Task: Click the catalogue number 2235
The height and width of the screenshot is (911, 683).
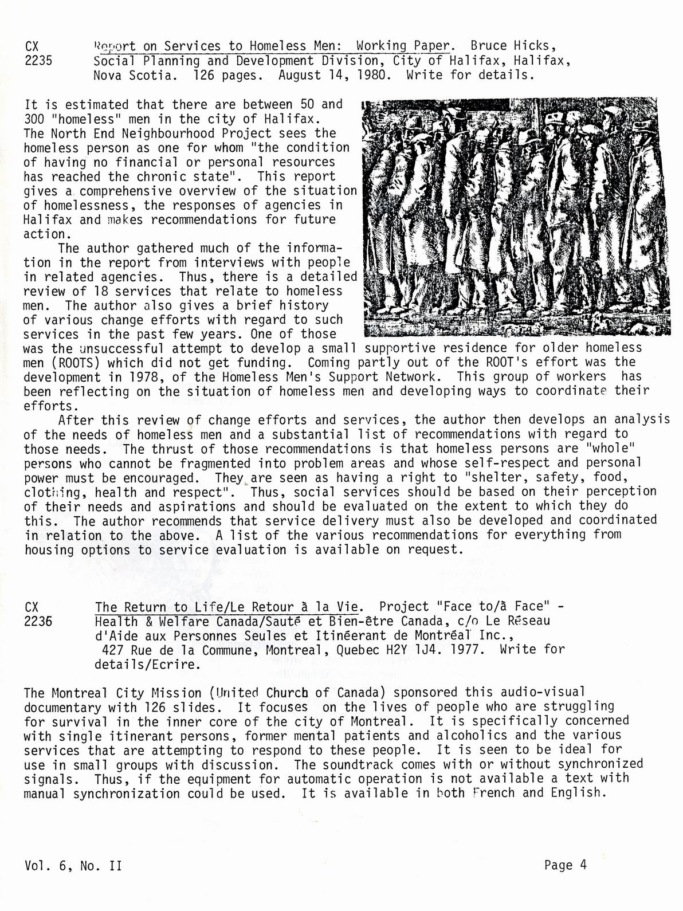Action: (x=38, y=60)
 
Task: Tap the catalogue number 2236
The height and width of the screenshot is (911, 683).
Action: (x=38, y=622)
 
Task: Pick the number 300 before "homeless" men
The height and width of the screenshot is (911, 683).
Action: (x=35, y=119)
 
